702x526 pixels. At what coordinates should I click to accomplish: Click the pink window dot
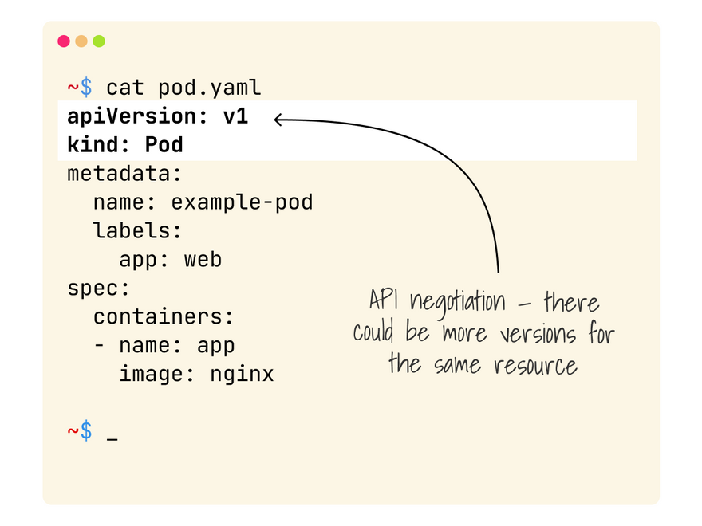pos(64,41)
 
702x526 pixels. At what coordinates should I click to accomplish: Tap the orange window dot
pos(81,41)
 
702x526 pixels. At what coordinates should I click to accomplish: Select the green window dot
pos(99,41)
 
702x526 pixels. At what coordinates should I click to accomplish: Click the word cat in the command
pos(125,87)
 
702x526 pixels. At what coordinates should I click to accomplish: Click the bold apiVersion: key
pos(132,116)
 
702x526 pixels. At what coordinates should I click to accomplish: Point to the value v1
pos(235,116)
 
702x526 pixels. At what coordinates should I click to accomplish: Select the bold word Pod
pos(164,145)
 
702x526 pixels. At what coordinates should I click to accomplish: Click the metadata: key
pos(125,174)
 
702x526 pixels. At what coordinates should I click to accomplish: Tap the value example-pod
pos(242,202)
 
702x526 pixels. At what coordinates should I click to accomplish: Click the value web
pos(203,260)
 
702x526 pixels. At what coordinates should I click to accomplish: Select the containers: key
pos(164,316)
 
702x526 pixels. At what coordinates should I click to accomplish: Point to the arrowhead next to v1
pos(278,120)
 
